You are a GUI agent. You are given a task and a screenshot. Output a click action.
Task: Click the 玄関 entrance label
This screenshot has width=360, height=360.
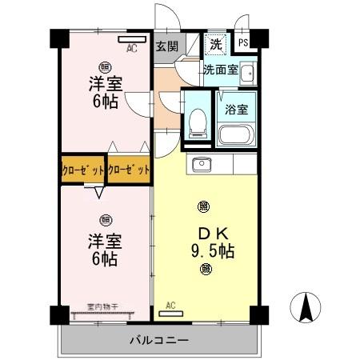(x=166, y=45)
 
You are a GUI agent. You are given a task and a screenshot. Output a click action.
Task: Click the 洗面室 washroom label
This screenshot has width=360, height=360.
(x=219, y=70)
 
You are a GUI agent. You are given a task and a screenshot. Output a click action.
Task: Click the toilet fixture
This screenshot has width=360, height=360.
(x=197, y=123)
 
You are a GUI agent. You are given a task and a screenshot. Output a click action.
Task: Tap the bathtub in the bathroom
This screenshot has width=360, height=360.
(x=235, y=134)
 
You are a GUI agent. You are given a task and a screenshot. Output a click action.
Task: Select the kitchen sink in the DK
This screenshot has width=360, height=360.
(x=201, y=165)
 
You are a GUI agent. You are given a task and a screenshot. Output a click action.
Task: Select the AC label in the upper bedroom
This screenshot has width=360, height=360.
(x=131, y=47)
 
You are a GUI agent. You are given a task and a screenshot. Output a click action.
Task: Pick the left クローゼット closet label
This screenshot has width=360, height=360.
(x=83, y=170)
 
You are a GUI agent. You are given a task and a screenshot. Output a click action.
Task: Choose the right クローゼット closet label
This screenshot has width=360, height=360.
(x=129, y=170)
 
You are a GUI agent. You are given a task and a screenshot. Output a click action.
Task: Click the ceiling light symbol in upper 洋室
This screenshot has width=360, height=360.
(x=104, y=67)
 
